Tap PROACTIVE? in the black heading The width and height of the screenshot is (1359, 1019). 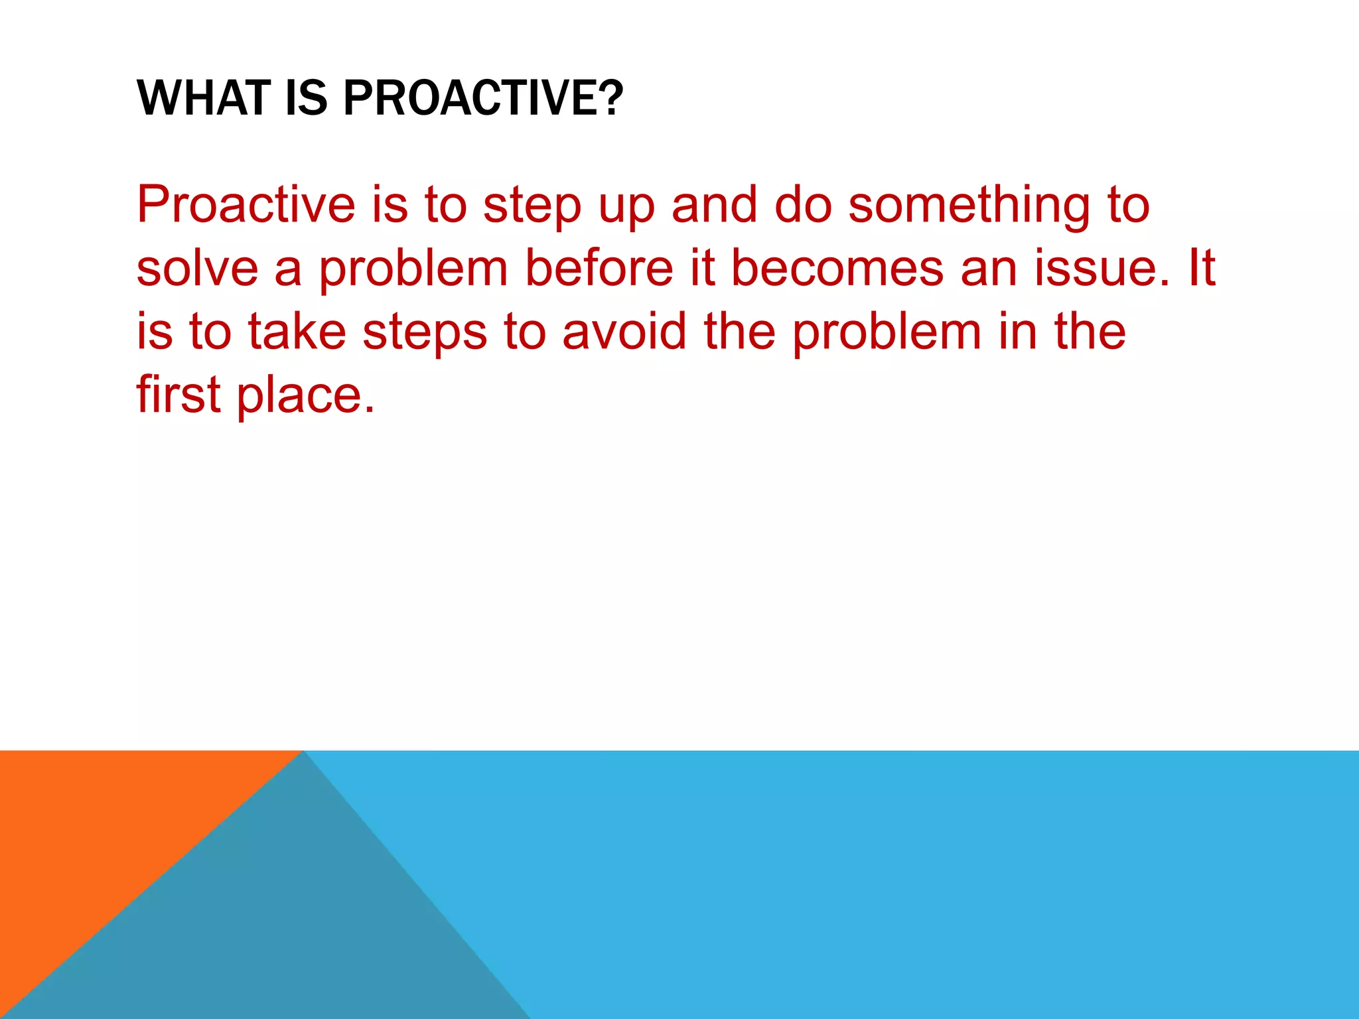(482, 98)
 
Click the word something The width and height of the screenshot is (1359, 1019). (969, 206)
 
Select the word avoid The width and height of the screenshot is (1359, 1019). (624, 331)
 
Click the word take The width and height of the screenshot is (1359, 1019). (297, 331)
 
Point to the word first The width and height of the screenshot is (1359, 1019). (178, 394)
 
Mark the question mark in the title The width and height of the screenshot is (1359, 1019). (613, 98)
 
